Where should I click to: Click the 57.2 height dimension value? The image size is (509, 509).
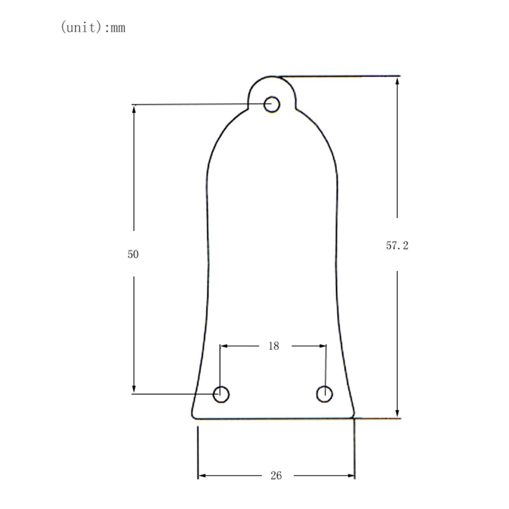397,246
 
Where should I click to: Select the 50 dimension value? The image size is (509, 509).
133,254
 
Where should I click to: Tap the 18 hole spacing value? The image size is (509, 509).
274,346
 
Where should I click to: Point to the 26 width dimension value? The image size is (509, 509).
276,476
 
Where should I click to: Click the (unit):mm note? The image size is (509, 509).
93,27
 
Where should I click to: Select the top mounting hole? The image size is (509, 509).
272,104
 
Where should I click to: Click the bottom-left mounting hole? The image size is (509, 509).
221,394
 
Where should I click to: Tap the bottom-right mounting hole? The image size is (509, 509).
324,394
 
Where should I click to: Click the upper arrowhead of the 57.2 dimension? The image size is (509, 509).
397,81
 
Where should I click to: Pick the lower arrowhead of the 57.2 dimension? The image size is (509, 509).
397,413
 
